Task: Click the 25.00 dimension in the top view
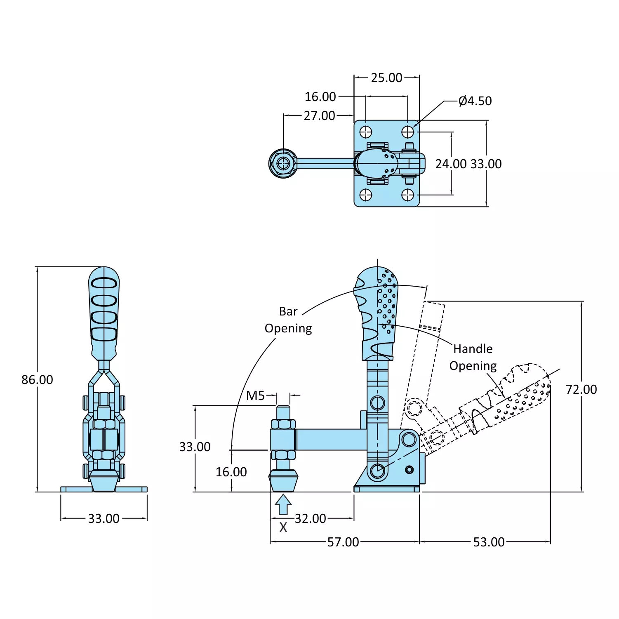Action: coord(386,78)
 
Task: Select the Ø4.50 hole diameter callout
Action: coord(475,101)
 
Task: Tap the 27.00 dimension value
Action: coord(319,116)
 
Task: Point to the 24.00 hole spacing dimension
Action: coord(451,164)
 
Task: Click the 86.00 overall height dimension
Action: coord(37,380)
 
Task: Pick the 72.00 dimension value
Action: coord(581,389)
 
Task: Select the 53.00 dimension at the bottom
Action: coord(489,542)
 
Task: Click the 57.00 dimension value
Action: coord(343,542)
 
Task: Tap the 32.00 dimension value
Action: coord(310,519)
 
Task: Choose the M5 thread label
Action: coord(255,396)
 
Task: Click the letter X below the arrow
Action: coord(283,527)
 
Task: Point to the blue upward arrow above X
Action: coord(283,504)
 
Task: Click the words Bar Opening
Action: coord(288,320)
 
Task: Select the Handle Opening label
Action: coord(473,357)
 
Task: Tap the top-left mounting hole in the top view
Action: coord(366,132)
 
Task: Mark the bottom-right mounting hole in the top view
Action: coord(408,195)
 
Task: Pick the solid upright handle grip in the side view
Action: coord(377,313)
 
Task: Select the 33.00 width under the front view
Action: coord(104,519)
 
